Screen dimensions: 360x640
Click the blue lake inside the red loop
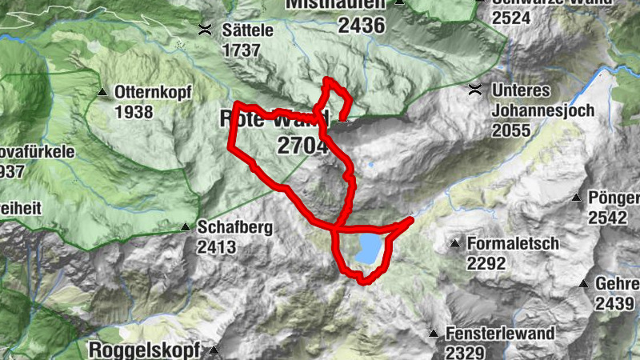click(x=370, y=248)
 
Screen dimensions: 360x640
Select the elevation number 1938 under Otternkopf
click(x=134, y=111)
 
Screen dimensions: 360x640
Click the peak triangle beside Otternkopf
click(x=102, y=93)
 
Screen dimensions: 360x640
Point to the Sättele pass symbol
click(x=206, y=30)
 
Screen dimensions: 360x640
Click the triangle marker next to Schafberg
click(x=186, y=227)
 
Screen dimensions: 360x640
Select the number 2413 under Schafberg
click(x=217, y=247)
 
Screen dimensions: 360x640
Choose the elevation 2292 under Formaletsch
click(x=488, y=262)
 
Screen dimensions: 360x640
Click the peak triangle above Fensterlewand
click(x=434, y=333)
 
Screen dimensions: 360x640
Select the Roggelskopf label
click(x=147, y=350)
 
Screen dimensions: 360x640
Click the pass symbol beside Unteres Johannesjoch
click(x=476, y=88)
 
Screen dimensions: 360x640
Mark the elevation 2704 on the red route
click(x=302, y=146)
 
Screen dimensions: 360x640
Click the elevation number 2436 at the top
click(x=362, y=25)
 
